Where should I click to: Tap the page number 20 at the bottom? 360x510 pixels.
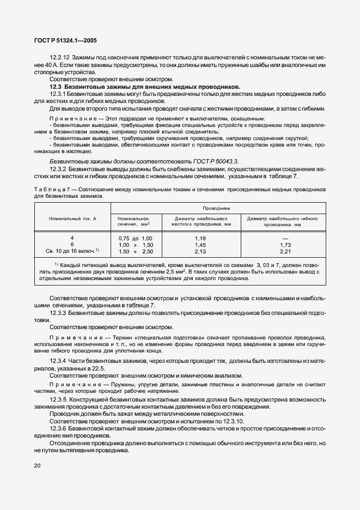(x=37, y=465)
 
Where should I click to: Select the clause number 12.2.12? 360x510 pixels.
(x=59, y=58)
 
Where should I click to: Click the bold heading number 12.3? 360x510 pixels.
(x=57, y=87)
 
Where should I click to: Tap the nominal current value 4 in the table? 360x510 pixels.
(x=72, y=238)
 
